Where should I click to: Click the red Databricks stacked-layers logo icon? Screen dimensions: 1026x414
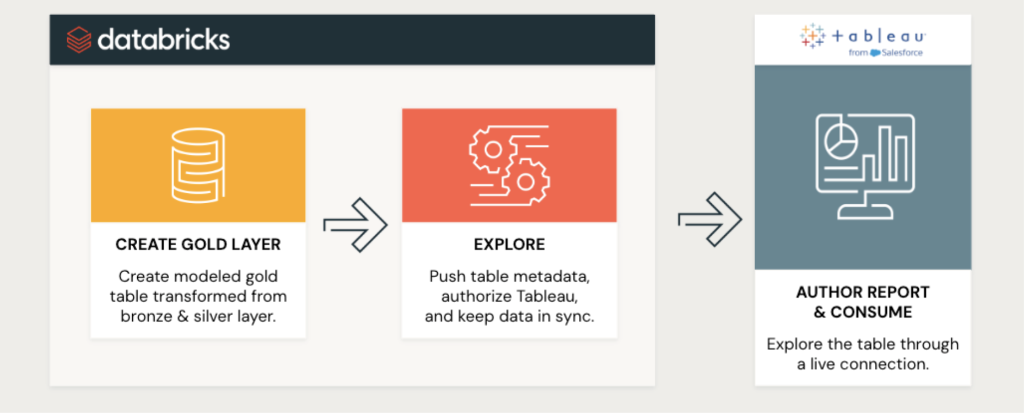tap(79, 40)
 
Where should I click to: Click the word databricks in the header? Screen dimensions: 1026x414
tap(164, 39)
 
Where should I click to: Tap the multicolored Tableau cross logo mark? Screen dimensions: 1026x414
tap(812, 36)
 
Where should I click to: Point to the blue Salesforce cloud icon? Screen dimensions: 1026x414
tap(875, 53)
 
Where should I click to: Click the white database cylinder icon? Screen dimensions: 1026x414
tap(198, 165)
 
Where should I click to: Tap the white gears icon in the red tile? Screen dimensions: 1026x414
tap(509, 165)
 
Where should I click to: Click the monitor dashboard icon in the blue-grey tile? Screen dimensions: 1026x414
tap(865, 166)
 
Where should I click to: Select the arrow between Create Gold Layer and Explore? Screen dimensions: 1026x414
tap(355, 225)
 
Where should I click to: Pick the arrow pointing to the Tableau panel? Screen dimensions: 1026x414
tap(710, 219)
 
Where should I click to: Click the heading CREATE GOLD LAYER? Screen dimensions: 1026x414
tap(198, 244)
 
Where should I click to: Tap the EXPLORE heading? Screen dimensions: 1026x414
tap(509, 244)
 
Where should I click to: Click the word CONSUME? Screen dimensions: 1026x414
tap(871, 312)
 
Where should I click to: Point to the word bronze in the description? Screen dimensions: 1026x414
tap(147, 316)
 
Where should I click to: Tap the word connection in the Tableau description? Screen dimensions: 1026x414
tap(884, 364)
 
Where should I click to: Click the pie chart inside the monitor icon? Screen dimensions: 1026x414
tap(841, 141)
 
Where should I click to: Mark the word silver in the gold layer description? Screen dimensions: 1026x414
tap(213, 316)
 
